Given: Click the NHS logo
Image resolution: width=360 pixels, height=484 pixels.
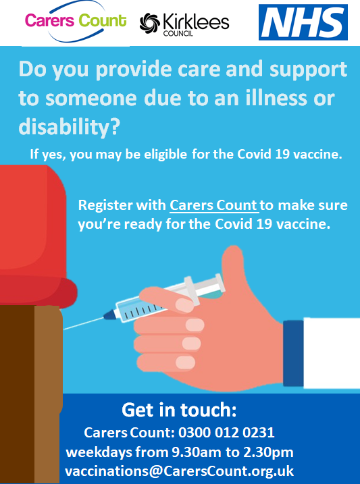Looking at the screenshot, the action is point(303,22).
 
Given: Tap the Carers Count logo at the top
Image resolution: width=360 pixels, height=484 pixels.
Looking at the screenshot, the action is point(76,21).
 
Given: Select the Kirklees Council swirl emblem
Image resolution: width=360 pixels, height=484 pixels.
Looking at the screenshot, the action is point(150,23).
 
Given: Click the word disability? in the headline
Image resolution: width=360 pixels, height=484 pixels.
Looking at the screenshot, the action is point(68,127).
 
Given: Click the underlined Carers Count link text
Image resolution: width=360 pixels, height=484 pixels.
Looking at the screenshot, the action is point(213,205).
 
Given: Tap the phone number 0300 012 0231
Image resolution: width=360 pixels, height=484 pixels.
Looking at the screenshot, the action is point(226,433).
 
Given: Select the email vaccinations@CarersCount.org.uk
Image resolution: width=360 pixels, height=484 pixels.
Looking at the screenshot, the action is point(179,471).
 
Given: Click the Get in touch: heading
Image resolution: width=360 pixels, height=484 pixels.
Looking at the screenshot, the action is point(179,410).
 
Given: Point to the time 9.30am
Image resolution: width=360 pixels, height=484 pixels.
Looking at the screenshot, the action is point(197,452).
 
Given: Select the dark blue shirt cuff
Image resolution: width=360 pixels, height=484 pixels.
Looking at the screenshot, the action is point(293,353).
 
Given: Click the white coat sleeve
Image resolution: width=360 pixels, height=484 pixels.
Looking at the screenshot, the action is point(332,353).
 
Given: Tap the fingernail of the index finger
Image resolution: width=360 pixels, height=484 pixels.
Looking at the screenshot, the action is point(184,304).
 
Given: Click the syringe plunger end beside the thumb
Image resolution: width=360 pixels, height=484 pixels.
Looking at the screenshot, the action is point(219,282).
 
